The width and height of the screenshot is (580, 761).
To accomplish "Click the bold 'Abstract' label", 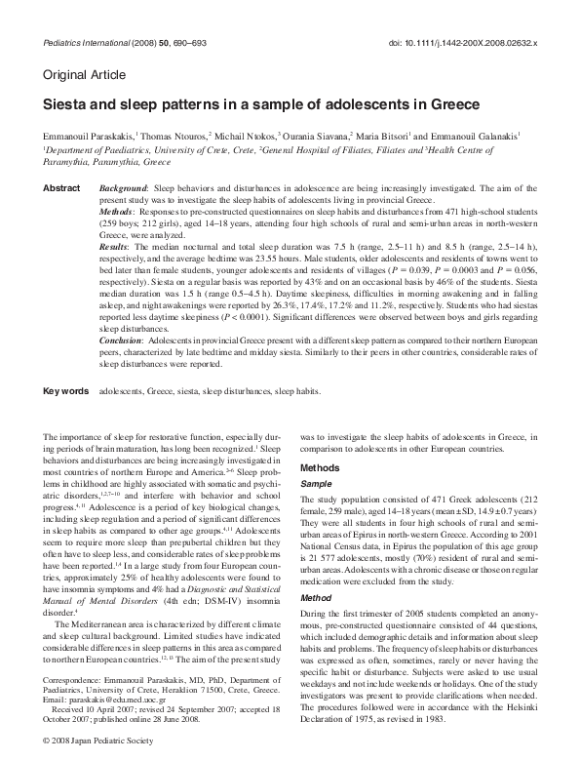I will click(61, 185).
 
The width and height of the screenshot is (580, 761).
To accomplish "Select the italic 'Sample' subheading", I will click(315, 483).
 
